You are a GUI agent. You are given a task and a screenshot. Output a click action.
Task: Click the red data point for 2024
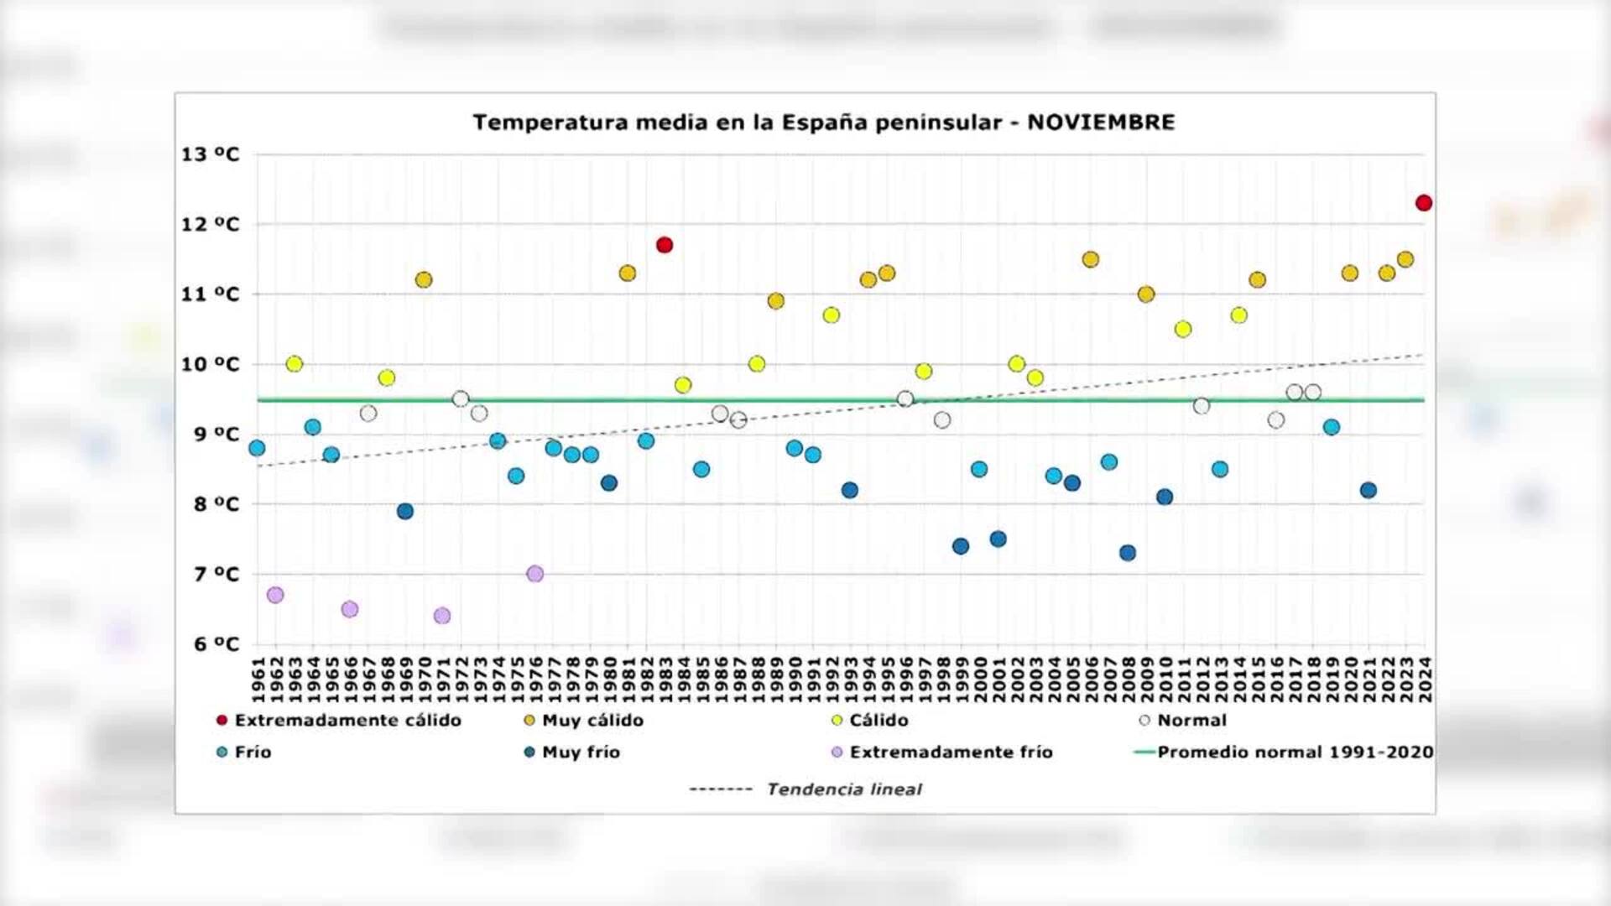click(1423, 203)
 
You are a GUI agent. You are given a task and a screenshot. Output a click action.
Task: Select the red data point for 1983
click(665, 245)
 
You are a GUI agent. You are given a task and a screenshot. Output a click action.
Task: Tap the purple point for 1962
click(275, 595)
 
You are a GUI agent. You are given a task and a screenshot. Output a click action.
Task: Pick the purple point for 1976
click(534, 574)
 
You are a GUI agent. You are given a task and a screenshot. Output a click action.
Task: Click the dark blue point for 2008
click(1128, 553)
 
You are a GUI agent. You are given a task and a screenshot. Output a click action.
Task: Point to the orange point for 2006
click(1090, 259)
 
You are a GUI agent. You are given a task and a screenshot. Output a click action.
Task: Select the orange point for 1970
click(424, 279)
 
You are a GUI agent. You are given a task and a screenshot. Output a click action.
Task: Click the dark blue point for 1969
click(405, 511)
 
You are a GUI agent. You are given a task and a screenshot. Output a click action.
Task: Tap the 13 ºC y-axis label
click(210, 154)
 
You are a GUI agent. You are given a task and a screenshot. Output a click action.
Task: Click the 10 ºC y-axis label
click(210, 364)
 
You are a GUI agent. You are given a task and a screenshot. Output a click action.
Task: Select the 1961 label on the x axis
click(258, 680)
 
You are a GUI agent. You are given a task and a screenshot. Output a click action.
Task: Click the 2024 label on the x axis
click(1424, 680)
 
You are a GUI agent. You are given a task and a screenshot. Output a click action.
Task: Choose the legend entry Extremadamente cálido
click(347, 720)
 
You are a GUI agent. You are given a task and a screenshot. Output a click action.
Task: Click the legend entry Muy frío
click(581, 752)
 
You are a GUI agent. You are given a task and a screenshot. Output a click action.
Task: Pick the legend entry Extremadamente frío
click(951, 752)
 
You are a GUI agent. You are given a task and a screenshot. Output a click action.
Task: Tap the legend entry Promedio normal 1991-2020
click(1295, 752)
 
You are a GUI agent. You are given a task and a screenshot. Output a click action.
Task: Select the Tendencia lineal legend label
click(843, 789)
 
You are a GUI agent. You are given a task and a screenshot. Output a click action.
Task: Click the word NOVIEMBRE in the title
click(1101, 122)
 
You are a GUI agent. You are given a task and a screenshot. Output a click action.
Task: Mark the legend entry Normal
click(1191, 720)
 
